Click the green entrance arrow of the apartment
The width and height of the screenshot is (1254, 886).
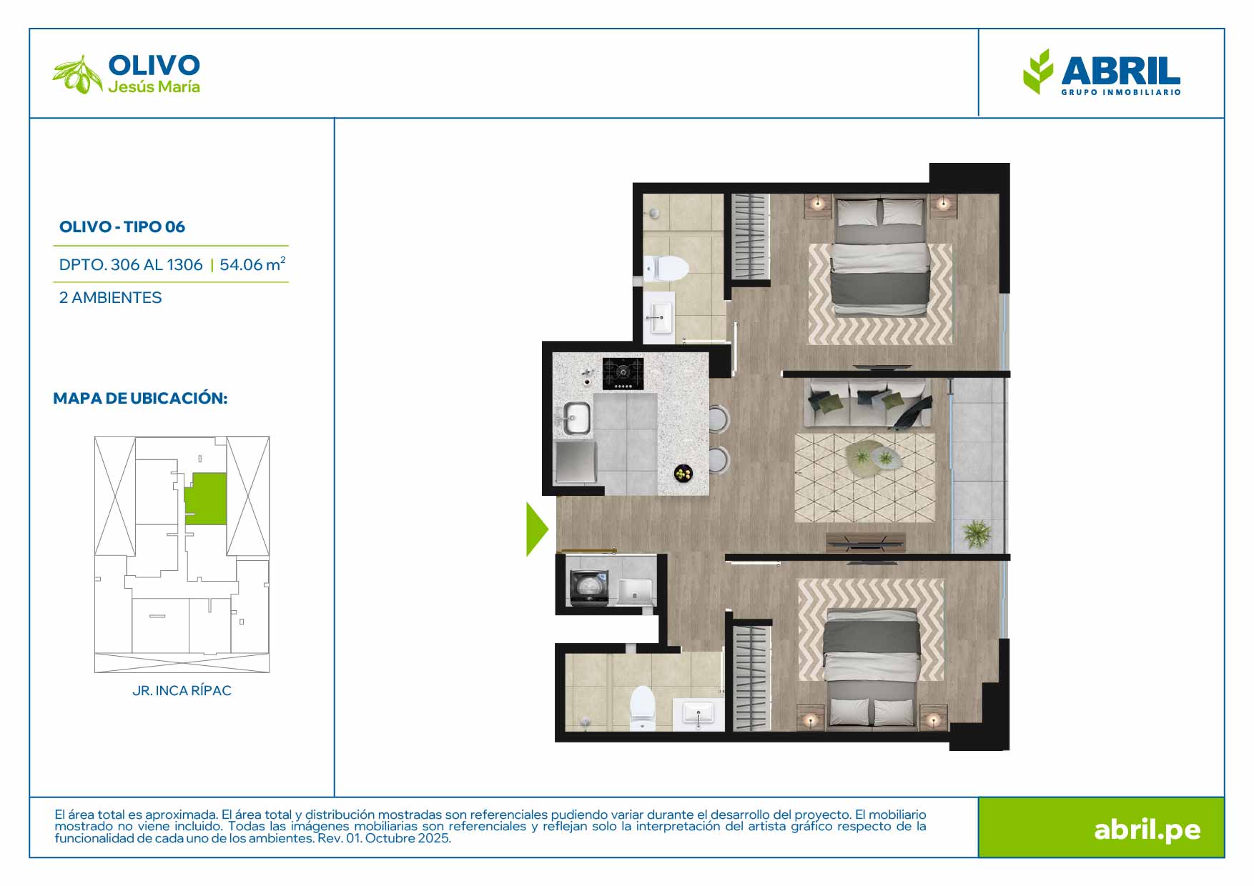(536, 529)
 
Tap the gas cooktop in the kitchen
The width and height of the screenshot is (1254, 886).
(623, 374)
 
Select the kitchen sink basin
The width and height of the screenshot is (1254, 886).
(576, 418)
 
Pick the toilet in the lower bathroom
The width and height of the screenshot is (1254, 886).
(642, 708)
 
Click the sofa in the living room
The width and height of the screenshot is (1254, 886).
(869, 404)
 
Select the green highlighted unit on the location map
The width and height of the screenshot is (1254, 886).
(206, 499)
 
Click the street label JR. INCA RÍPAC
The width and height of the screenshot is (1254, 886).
(182, 691)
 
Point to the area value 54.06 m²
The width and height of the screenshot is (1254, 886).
(253, 264)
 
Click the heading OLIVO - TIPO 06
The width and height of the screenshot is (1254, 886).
(122, 227)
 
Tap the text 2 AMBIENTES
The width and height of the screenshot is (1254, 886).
(111, 297)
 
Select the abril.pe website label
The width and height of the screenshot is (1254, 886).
(1147, 830)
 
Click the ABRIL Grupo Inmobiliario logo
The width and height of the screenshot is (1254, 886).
(1102, 72)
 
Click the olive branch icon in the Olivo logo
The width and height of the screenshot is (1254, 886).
(78, 74)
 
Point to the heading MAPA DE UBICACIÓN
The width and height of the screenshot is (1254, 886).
(140, 398)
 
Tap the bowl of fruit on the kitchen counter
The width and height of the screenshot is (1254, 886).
(683, 472)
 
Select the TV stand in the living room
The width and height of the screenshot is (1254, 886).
(866, 542)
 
